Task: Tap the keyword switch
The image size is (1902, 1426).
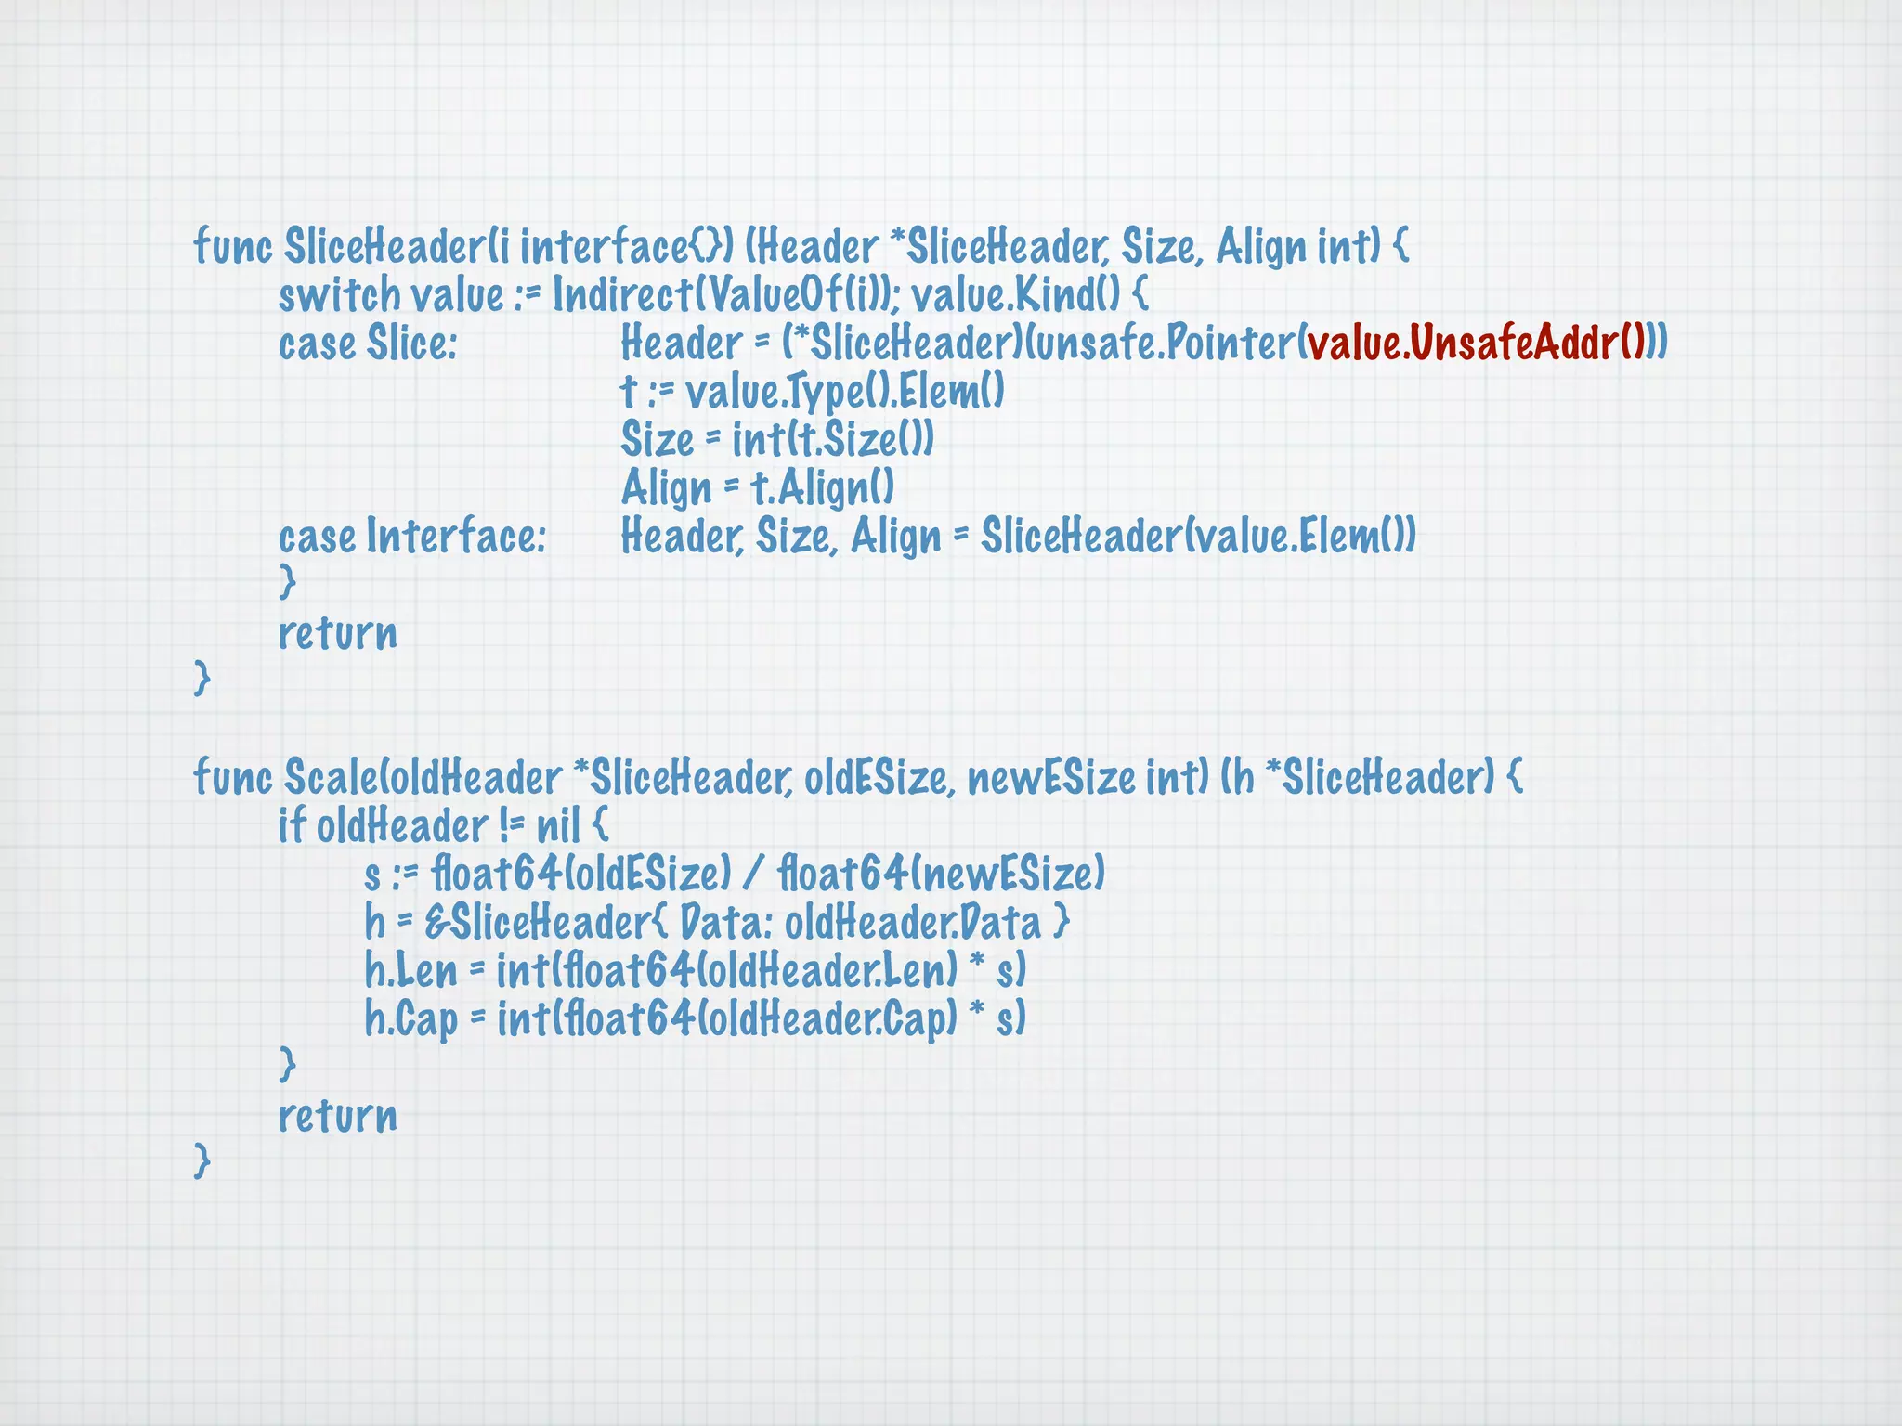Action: pos(339,295)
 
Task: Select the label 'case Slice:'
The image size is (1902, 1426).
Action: pos(368,344)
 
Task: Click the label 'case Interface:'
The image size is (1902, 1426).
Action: pos(412,537)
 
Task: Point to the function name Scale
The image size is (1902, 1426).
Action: pos(326,777)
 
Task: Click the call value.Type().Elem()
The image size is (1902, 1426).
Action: pos(844,392)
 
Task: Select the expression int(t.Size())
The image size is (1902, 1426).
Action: pos(832,440)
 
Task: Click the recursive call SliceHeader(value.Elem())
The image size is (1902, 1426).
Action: pos(1198,537)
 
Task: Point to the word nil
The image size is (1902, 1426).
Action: pos(558,825)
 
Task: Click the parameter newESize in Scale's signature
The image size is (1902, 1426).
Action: pos(1050,777)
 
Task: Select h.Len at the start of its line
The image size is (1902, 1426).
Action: pos(410,971)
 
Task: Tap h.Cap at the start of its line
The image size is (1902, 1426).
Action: pos(410,1019)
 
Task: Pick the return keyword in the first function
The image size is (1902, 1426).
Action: pos(338,633)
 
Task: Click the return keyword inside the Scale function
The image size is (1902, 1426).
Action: pos(338,1116)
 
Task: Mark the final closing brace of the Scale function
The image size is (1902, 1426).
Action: pos(202,1160)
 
